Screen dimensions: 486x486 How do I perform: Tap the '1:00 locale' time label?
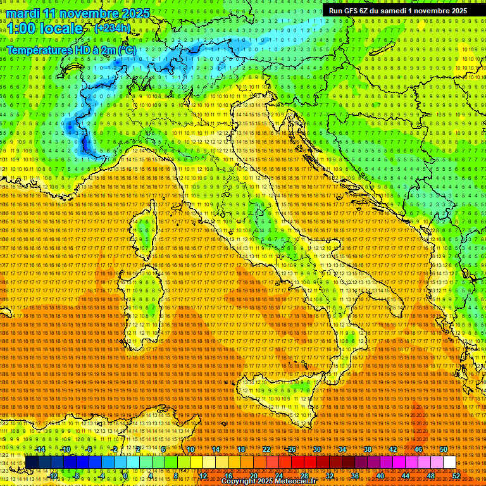tap(45, 28)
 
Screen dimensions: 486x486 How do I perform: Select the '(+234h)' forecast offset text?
tap(113, 28)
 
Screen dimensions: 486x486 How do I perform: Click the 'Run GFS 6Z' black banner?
tap(398, 11)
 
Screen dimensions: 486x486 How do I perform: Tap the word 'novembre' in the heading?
tap(93, 13)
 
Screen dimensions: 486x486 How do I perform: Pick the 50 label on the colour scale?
tap(443, 449)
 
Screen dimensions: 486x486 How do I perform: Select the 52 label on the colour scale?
tap(456, 475)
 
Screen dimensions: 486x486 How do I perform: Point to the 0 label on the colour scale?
tap(125, 475)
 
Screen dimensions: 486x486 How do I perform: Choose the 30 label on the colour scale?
tap(317, 449)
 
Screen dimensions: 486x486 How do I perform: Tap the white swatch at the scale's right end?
tap(449, 462)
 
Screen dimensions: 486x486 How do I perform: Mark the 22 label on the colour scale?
tap(266, 449)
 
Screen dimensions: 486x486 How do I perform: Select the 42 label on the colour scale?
tap(392, 449)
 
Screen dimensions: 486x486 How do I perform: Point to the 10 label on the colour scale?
tap(190, 449)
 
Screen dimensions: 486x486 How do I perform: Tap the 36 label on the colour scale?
tap(354, 475)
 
